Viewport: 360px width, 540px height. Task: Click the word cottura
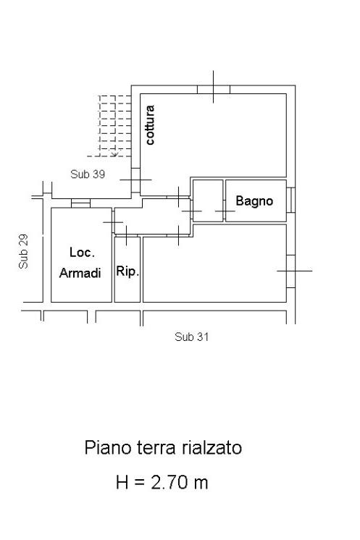coord(150,125)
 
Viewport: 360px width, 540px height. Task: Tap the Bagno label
coord(254,201)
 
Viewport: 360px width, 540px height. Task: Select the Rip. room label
coord(127,271)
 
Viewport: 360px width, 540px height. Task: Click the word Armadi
coord(80,273)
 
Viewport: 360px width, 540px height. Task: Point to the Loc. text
coord(82,253)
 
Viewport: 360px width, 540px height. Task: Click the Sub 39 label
coord(88,174)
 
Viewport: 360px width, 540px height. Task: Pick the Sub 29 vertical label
coord(23,251)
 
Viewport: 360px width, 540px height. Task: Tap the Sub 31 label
coord(191,337)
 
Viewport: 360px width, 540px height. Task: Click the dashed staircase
coord(112,126)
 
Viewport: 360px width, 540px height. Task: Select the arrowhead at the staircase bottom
coord(114,153)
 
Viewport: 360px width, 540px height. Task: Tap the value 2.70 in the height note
coord(169,482)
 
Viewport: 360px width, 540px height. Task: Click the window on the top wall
coord(214,90)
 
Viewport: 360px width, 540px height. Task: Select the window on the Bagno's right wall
coord(290,200)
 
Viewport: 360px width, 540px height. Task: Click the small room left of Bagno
coord(208,201)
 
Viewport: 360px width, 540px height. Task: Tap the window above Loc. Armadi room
coord(80,203)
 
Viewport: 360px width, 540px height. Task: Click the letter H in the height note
coord(122,482)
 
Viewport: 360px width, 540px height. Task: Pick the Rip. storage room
coord(127,269)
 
